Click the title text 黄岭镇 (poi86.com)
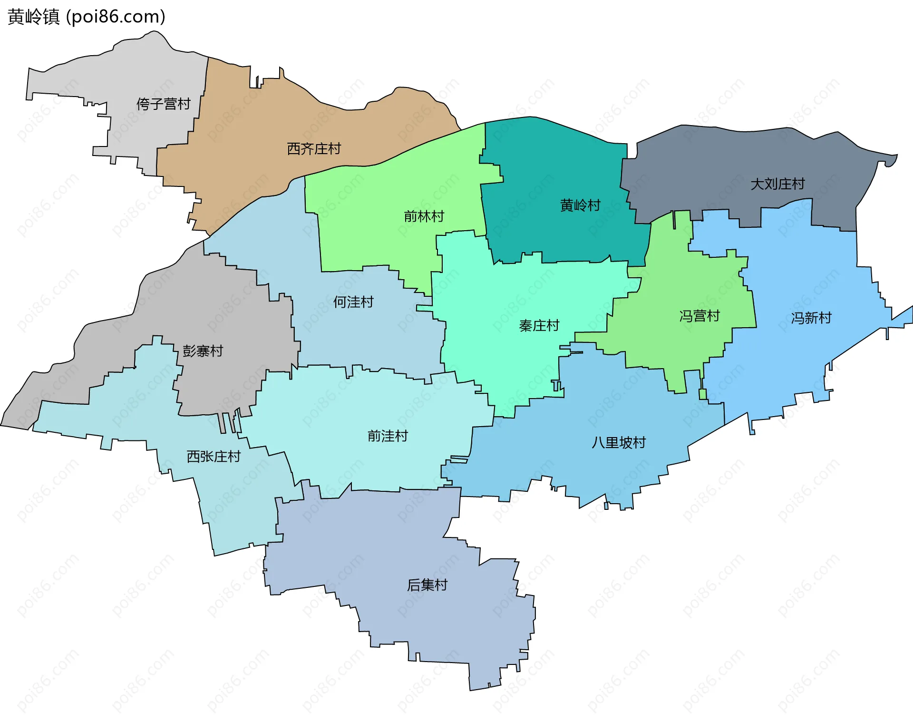pos(87,17)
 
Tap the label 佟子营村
pos(163,104)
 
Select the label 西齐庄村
pos(314,149)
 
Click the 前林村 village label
pos(424,216)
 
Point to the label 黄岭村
pos(580,205)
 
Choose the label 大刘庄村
pos(777,184)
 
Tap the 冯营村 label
pos(699,316)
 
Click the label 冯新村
pos(811,318)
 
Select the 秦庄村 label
pos(539,326)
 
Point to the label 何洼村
pos(353,302)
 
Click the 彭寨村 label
pos(203,351)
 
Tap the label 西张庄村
pos(214,457)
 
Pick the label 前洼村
pos(388,436)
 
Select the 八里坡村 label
pos(619,443)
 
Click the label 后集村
pos(427,585)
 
